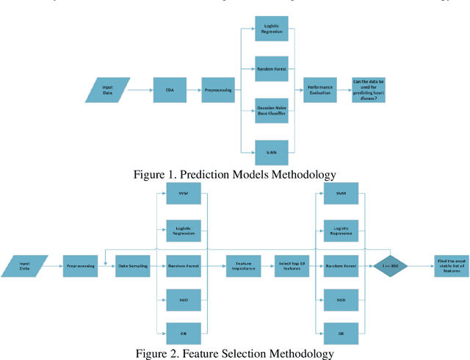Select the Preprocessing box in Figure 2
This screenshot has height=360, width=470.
coord(80,266)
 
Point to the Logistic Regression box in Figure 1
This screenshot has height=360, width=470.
coord(270,30)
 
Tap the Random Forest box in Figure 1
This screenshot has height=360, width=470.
coord(270,69)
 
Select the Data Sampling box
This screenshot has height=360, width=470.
coord(133,266)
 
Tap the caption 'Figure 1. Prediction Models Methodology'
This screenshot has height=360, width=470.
coord(234,174)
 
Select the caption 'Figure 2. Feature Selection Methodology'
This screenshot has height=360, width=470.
coord(234,353)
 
